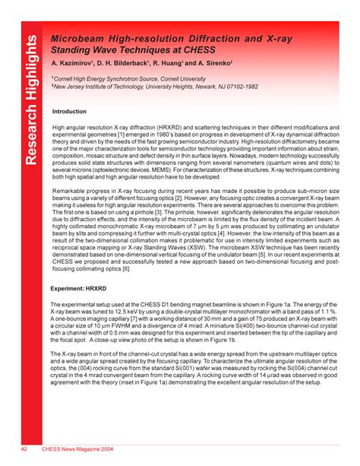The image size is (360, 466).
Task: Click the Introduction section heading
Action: pos(69,111)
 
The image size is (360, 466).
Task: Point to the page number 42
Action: pos(24,449)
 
